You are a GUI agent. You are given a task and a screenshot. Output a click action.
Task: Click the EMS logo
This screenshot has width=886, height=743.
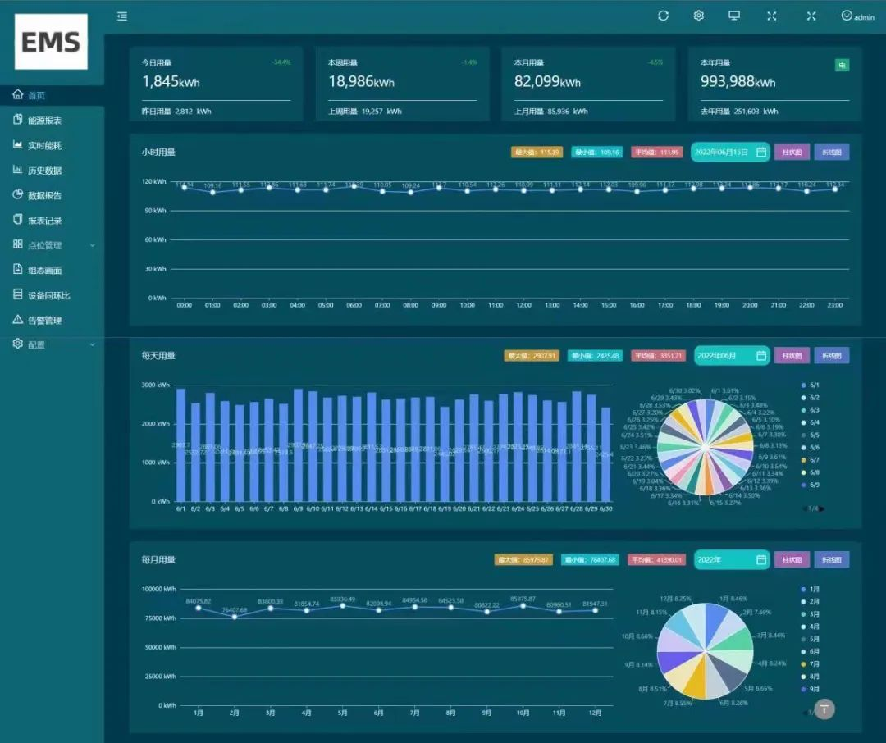point(51,42)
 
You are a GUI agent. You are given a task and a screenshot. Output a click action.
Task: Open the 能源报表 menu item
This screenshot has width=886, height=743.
point(44,121)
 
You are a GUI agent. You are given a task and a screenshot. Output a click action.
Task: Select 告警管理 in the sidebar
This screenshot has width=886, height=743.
point(44,320)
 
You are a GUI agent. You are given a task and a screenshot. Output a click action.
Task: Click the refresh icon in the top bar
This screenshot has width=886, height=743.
point(663,16)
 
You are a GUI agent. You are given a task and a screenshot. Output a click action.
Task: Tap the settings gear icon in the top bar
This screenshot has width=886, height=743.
point(699,16)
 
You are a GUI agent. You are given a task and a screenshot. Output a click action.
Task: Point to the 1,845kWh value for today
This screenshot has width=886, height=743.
point(171,82)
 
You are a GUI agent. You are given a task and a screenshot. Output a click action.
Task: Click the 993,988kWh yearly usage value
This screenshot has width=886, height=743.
point(738,82)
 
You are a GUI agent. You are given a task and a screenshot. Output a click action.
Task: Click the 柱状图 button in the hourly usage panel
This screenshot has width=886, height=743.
point(792,152)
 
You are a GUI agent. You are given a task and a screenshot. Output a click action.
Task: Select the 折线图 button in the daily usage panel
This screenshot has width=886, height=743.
point(832,355)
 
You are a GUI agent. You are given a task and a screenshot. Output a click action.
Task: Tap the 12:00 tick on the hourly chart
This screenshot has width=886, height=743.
point(523,305)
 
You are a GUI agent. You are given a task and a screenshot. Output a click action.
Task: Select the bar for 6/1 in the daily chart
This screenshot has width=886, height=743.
point(180,444)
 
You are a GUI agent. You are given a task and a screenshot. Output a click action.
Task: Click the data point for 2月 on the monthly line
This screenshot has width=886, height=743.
point(235,617)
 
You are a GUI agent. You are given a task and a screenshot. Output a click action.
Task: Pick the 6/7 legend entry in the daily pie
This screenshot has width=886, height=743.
point(813,460)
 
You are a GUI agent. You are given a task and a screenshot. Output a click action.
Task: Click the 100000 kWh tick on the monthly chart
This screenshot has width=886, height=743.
point(158,589)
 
